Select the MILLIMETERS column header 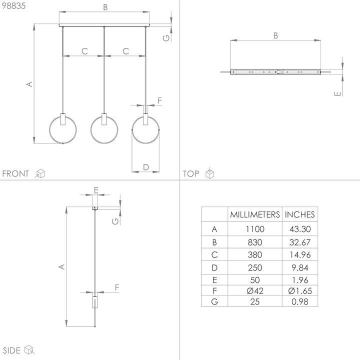254,214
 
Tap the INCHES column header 300,214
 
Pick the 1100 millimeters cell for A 254,229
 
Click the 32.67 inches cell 300,242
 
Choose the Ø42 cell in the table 254,290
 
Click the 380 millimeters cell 254,254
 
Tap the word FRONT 16,174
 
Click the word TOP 191,174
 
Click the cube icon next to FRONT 40,173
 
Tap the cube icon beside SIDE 30,349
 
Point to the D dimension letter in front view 145,166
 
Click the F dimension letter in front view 159,100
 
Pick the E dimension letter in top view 338,92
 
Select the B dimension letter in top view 275,35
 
